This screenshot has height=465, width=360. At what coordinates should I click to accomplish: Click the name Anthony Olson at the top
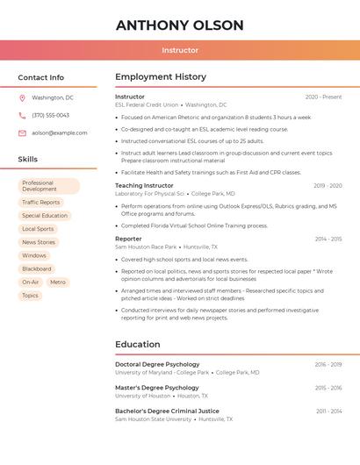[x=180, y=25]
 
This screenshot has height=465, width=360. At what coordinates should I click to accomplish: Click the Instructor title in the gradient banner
[x=180, y=50]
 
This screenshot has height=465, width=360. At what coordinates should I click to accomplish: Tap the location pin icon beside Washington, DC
[x=22, y=97]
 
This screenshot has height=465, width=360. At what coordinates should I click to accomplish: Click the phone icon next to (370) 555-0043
[x=22, y=115]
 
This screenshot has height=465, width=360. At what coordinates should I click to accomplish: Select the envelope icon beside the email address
[x=22, y=132]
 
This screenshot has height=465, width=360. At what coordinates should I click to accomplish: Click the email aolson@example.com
[x=59, y=132]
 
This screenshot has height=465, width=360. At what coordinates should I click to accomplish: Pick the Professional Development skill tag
[x=48, y=186]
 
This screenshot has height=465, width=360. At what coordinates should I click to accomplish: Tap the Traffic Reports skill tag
[x=41, y=202]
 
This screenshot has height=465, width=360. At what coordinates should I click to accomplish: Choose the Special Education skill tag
[x=45, y=216]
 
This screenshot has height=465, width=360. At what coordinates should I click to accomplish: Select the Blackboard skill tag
[x=37, y=268]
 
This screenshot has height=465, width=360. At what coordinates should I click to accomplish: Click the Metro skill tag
[x=58, y=283]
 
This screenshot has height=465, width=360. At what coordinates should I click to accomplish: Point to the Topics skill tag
[x=30, y=296]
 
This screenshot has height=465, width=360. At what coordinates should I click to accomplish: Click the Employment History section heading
[x=161, y=77]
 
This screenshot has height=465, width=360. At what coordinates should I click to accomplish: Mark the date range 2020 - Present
[x=323, y=97]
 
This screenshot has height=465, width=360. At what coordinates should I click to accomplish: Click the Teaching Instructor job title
[x=144, y=185]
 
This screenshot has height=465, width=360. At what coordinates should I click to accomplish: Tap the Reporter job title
[x=128, y=239]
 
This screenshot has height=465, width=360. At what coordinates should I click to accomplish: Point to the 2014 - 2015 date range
[x=328, y=239]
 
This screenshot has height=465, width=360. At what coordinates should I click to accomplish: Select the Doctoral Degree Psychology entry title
[x=157, y=364]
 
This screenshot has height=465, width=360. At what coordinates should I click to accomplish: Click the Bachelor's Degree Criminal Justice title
[x=167, y=411]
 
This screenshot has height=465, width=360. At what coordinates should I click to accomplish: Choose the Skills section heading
[x=28, y=160]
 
